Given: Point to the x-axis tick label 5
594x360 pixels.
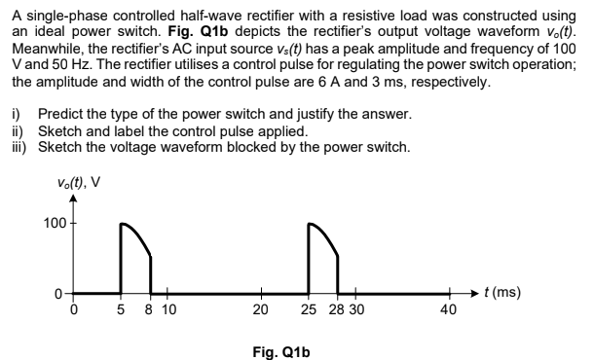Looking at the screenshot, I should tap(119, 310).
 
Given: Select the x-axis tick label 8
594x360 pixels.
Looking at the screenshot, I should tap(149, 310).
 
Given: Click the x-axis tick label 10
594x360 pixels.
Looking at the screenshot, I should tap(168, 310).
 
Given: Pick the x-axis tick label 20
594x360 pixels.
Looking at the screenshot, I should tap(260, 310).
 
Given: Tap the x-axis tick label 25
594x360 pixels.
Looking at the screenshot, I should tap(308, 310).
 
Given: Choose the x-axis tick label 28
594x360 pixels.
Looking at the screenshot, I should tap(336, 310).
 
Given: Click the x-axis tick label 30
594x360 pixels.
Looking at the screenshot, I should tap(356, 310).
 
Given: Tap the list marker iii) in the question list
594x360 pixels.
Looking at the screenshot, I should tap(17, 148).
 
